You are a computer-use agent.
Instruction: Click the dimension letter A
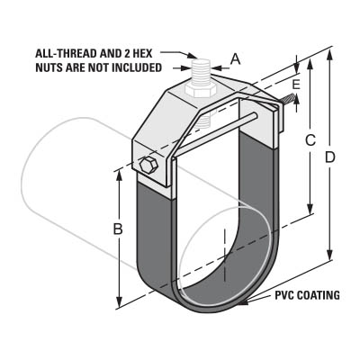pos(236,59)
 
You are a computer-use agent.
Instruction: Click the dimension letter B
pos(118,229)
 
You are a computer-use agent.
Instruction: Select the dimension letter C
pos(310,140)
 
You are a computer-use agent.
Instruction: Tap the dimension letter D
pos(330,157)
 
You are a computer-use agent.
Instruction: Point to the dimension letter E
pos(296,85)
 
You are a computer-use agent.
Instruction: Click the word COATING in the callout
pos(319,295)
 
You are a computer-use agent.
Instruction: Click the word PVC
pos(285,295)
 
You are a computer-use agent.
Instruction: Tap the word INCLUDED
pos(137,67)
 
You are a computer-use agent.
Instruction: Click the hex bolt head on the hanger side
pos(148,166)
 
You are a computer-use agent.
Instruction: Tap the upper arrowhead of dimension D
pos(329,56)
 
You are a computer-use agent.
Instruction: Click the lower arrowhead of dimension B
pos(120,301)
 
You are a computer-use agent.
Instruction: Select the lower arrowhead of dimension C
pos(310,209)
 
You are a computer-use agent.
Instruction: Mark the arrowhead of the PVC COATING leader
pos(244,302)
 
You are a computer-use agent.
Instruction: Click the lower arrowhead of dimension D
pos(329,254)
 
